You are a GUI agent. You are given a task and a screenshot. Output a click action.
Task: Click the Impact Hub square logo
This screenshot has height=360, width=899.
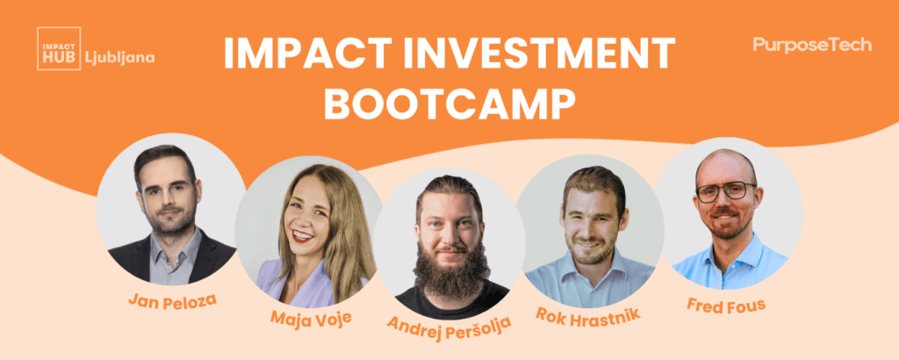click(x=59, y=48)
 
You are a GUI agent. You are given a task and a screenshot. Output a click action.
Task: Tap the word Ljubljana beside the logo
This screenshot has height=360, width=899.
click(x=119, y=58)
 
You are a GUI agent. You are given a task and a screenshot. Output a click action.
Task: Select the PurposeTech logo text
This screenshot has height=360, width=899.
click(x=812, y=45)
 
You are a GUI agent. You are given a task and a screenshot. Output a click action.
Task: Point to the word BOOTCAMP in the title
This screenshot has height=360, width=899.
click(x=450, y=104)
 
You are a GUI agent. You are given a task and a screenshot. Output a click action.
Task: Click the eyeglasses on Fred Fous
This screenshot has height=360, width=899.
click(x=725, y=191)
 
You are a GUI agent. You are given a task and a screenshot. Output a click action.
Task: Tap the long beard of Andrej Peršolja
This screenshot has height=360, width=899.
click(x=451, y=270)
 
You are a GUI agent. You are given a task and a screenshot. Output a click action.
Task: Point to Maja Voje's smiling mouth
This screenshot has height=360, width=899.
click(x=302, y=235)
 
